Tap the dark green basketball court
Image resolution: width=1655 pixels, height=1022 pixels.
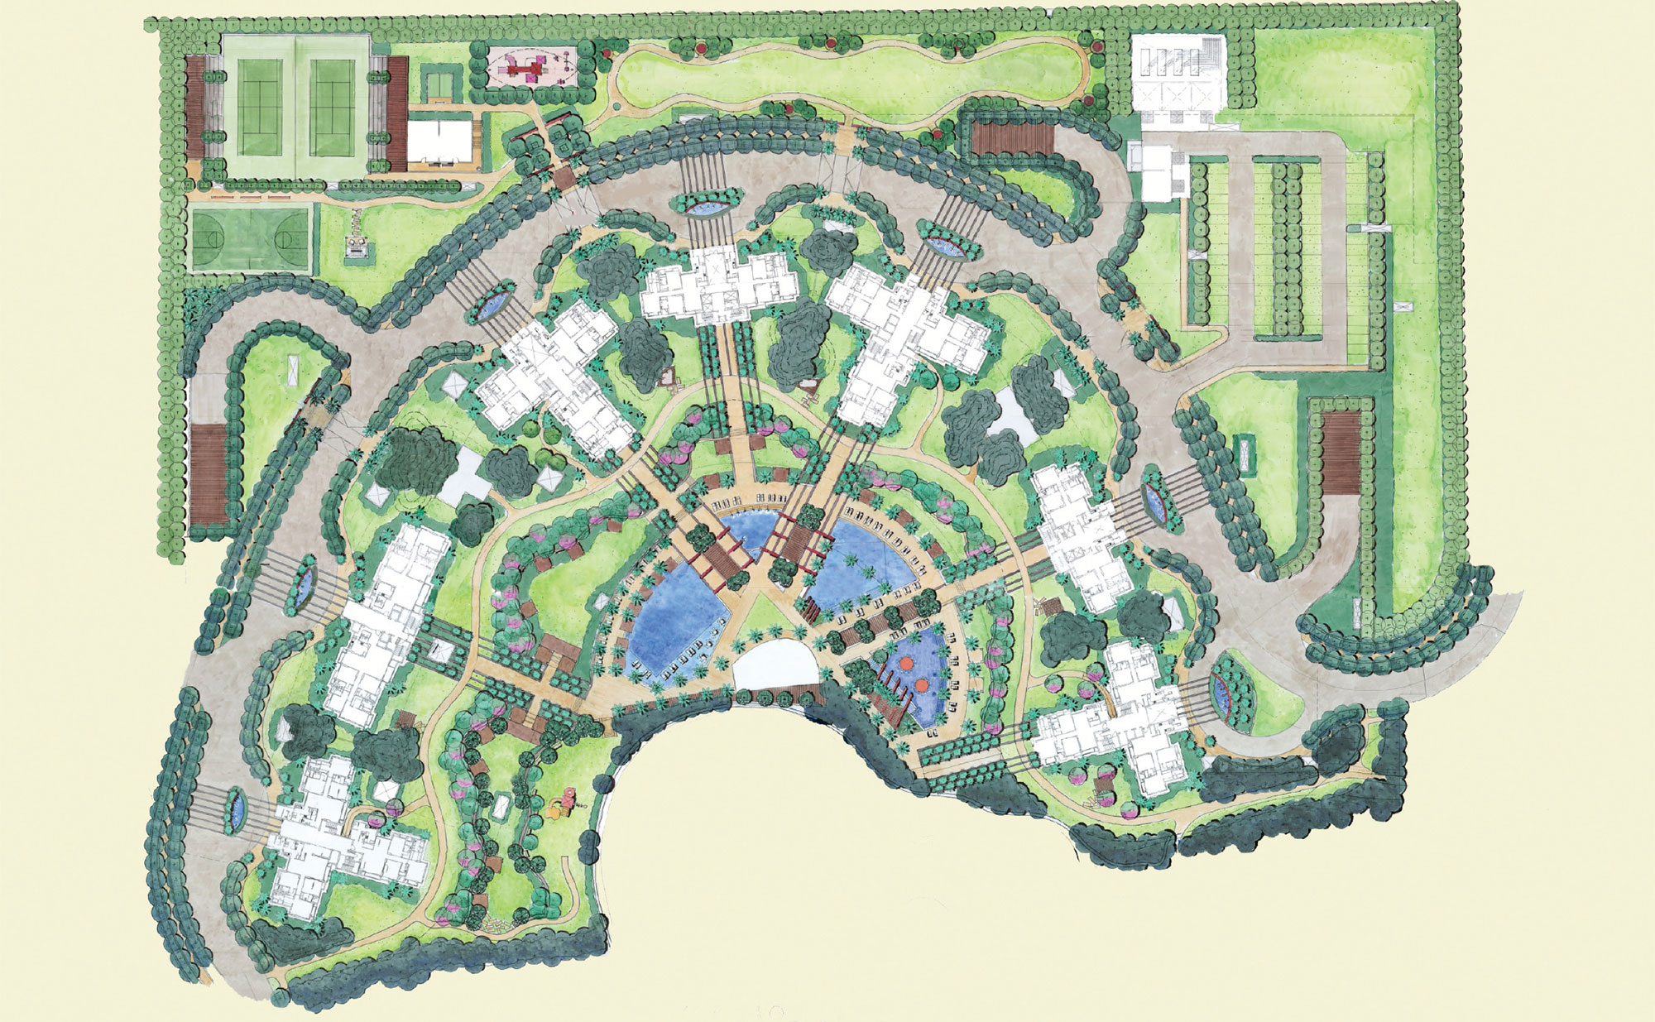tap(251, 238)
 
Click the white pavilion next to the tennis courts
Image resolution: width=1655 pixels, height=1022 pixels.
tap(439, 142)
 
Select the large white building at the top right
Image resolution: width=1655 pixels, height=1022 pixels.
tap(1178, 83)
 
